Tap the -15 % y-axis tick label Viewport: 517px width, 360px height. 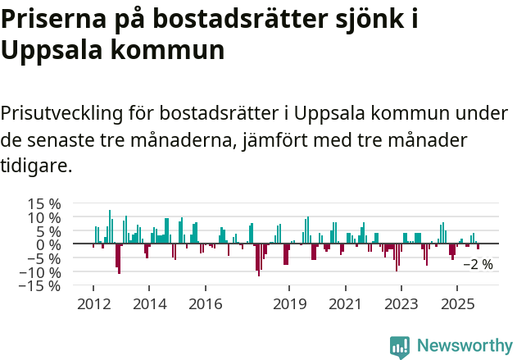tap(41, 285)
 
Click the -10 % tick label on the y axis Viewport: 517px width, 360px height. tap(41, 271)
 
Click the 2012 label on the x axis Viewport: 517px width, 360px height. tap(93, 304)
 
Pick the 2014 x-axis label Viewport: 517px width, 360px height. tap(149, 304)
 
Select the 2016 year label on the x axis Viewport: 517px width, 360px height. tap(205, 304)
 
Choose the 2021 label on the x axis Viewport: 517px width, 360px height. tap(345, 304)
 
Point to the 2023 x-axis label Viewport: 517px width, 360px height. tap(401, 304)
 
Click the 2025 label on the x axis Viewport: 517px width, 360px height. tap(456, 304)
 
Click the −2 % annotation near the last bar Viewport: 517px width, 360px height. tap(478, 265)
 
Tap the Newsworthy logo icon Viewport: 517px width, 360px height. tap(400, 346)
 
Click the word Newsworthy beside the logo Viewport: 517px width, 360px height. tap(464, 346)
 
